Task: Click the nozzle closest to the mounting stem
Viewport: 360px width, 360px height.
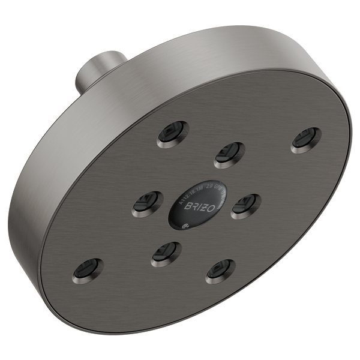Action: [173, 134]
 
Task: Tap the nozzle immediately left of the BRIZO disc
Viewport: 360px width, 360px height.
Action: [148, 203]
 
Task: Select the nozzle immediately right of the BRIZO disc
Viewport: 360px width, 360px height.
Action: [245, 206]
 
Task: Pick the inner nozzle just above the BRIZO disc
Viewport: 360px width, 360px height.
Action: [229, 155]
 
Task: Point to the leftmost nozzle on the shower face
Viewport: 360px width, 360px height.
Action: [88, 270]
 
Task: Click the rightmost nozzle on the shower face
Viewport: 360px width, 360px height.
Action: [306, 140]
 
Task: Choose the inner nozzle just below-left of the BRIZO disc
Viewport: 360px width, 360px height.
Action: [166, 254]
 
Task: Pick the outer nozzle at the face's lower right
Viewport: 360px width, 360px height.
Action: [220, 271]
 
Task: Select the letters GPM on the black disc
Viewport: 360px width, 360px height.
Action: [219, 190]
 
